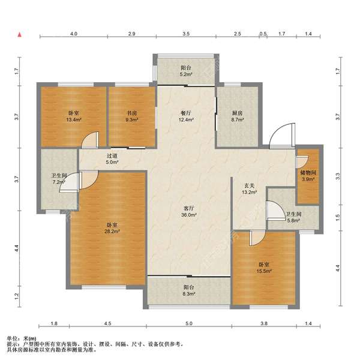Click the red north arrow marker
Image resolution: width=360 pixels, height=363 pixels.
20,35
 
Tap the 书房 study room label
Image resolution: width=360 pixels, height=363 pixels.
132,116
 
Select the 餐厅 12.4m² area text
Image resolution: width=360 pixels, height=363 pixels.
186,116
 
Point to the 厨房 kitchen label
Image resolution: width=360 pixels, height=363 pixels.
237,116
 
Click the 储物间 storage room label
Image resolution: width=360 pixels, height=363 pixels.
308,176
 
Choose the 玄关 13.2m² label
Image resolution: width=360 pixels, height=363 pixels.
249,188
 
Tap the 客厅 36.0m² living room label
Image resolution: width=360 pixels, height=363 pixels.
189,211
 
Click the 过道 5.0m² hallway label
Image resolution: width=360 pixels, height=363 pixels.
112,159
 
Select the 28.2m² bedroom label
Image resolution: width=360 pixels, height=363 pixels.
112,228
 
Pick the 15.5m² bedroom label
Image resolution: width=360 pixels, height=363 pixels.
263,268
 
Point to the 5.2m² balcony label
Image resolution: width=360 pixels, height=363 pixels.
186,71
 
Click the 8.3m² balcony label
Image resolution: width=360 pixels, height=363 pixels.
189,290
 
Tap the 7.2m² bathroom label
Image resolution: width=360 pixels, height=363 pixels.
59,179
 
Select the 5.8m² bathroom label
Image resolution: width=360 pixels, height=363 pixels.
293,217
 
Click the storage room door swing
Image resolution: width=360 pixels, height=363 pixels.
302,162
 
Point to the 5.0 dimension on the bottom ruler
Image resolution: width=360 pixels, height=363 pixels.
189,323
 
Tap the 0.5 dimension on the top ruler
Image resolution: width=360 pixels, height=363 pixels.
263,34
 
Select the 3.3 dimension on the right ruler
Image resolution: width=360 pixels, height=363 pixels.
338,176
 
